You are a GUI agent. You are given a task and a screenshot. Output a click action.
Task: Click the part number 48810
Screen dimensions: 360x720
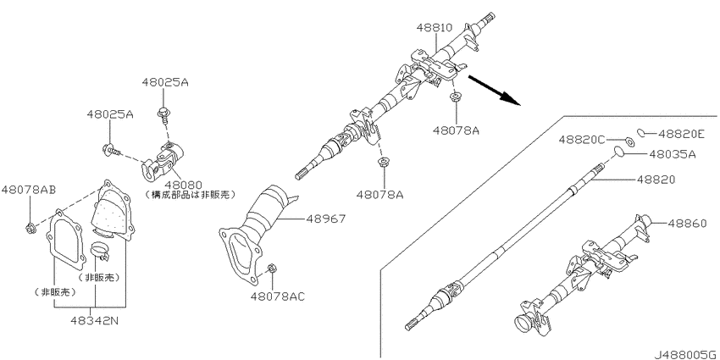coord(433,28)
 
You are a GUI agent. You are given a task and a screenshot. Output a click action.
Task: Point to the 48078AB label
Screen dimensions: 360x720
coord(28,190)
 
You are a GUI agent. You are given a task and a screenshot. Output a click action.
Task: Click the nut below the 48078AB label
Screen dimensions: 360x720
coord(30,226)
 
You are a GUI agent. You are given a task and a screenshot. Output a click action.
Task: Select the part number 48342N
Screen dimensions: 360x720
coord(95,323)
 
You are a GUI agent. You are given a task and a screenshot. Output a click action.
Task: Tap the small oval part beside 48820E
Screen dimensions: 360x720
coord(643,131)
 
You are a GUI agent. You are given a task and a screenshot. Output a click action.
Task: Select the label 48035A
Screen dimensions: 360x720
coord(672,154)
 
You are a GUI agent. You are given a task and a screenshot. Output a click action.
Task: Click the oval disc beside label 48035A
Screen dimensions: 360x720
coord(621,153)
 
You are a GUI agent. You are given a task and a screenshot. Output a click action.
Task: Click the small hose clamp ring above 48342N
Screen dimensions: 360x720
coord(100,251)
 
